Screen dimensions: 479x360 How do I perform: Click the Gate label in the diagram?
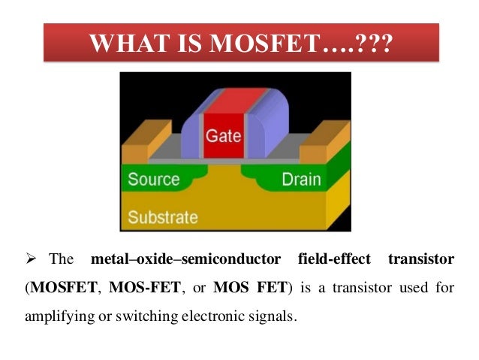point(223,136)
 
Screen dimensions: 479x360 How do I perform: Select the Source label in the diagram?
point(153,180)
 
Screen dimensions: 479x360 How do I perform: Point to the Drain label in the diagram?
point(300,180)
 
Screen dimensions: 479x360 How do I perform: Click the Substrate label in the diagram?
point(162,218)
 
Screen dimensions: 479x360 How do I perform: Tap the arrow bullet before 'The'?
point(32,260)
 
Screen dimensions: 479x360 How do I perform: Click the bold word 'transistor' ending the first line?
point(420,260)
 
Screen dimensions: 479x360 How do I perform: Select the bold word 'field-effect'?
point(333,260)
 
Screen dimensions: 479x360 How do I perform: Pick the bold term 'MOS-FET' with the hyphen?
point(137,288)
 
